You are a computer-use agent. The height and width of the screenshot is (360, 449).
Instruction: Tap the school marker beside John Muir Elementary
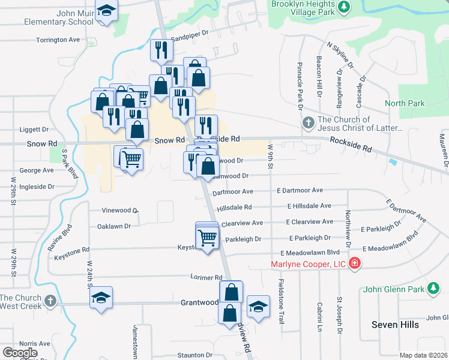(x=106, y=11)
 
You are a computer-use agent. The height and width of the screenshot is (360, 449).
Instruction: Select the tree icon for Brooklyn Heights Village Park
(x=344, y=7)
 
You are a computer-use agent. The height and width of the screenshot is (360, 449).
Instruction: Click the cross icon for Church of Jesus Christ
(x=308, y=124)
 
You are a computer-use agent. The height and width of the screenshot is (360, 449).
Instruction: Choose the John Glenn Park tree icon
(x=433, y=289)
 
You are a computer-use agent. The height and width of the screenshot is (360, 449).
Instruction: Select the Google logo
(x=20, y=352)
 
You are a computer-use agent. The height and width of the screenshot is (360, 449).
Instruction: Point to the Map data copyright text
(x=424, y=355)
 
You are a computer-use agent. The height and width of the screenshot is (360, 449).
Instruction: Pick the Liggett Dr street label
(x=34, y=129)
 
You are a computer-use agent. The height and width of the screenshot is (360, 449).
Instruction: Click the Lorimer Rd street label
(x=206, y=278)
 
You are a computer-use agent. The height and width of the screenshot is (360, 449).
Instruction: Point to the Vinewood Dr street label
(x=120, y=211)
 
